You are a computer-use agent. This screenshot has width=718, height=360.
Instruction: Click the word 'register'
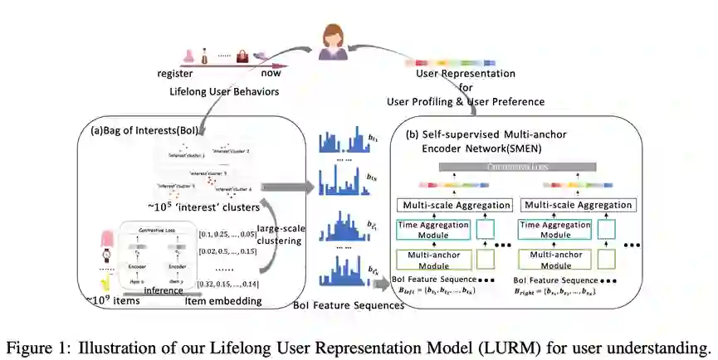[x=175, y=73]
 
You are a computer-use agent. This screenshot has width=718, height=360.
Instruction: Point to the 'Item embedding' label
[x=223, y=301]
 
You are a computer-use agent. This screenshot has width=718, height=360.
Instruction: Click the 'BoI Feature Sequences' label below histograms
[x=349, y=306]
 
